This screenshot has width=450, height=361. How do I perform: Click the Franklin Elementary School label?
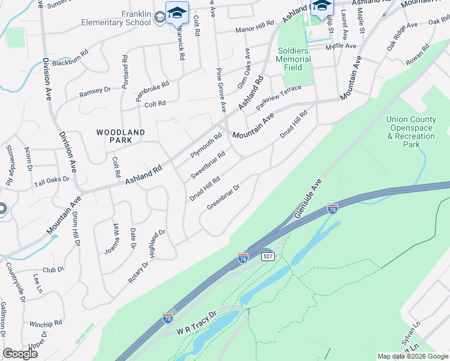coord(117,18)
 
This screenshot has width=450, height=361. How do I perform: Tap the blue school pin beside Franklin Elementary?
coord(177,13)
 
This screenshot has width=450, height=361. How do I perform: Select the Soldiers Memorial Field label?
coord(293,59)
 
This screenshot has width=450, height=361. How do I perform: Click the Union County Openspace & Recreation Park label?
coord(411,132)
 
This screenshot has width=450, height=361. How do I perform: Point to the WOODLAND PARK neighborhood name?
coord(121,135)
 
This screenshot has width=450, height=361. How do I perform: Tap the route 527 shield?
coord(268,256)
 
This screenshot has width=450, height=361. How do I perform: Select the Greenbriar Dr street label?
coord(224,197)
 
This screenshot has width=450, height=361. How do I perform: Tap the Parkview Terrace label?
coord(278,97)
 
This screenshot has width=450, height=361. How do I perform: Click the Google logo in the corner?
coord(20,354)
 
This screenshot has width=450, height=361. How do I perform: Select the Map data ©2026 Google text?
coord(412,356)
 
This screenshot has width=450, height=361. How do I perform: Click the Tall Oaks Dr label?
coord(52,180)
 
